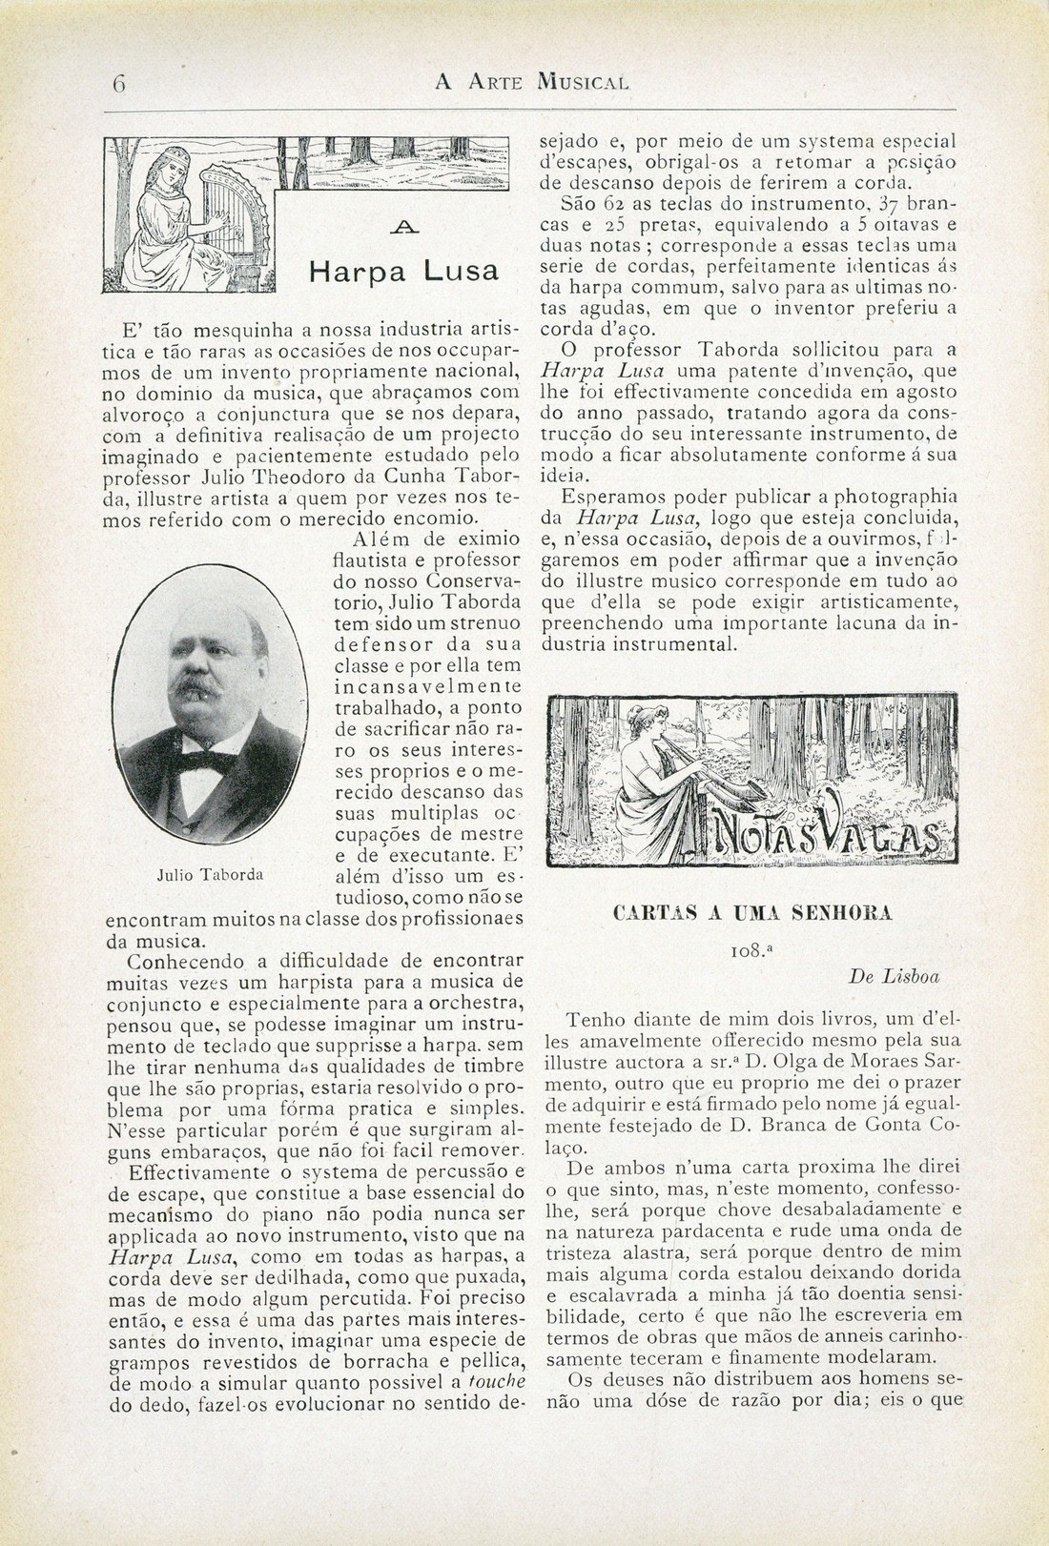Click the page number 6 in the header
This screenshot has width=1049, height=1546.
click(x=118, y=82)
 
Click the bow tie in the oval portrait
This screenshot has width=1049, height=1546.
click(x=204, y=761)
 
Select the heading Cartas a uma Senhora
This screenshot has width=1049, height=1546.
click(x=753, y=912)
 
